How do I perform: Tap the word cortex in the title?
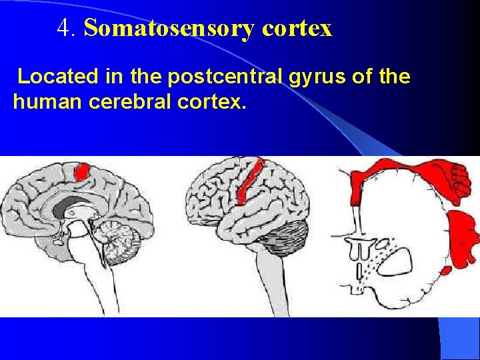point(297,29)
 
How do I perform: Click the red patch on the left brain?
point(83,171)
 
